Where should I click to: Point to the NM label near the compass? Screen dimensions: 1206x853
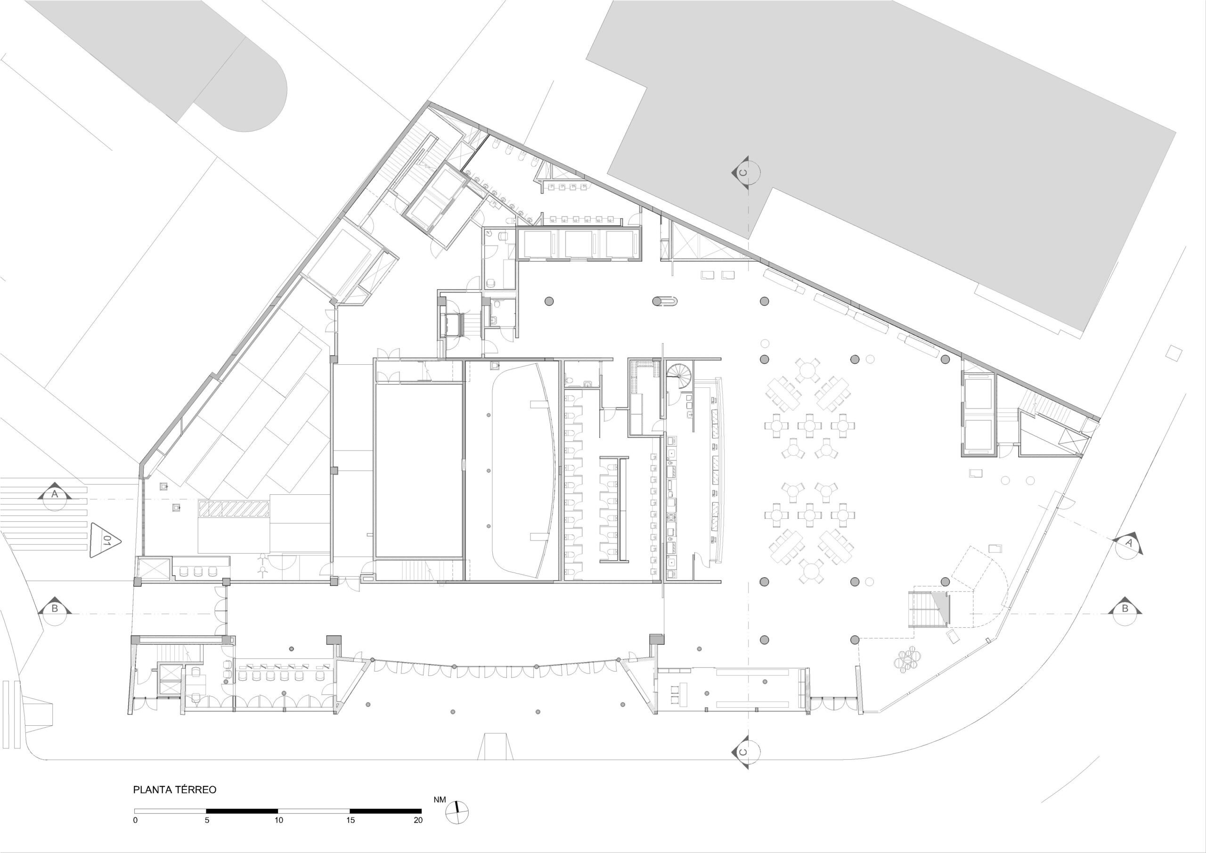440,800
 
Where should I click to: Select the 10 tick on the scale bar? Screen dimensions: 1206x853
278,820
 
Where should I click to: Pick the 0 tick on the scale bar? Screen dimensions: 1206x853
136,820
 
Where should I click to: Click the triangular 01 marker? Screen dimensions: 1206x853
106,540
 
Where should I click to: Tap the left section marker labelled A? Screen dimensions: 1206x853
55,496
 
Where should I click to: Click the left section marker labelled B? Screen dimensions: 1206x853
55,610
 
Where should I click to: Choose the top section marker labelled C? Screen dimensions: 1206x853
745,172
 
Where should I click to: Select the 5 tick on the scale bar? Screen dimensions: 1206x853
207,820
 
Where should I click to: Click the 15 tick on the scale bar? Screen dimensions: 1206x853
350,820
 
